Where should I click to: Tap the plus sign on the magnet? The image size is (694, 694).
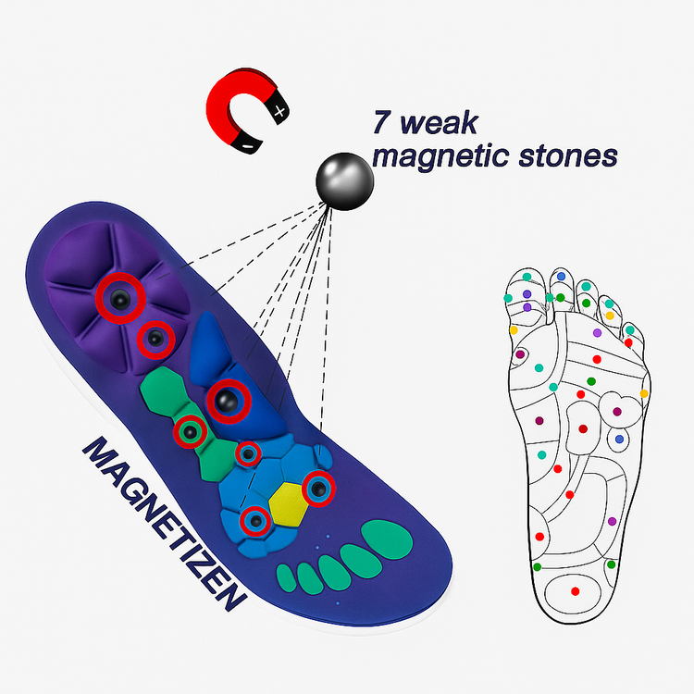click(280, 111)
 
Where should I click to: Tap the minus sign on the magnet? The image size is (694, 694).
click(247, 146)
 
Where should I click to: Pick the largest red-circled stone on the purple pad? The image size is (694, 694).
click(120, 296)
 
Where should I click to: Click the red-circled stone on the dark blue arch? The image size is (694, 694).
click(228, 401)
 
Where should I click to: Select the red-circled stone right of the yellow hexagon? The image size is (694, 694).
click(319, 489)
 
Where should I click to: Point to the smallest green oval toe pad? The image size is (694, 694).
click(291, 577)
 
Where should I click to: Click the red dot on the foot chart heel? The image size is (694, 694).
click(575, 590)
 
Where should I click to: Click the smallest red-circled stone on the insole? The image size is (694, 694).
click(248, 454)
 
